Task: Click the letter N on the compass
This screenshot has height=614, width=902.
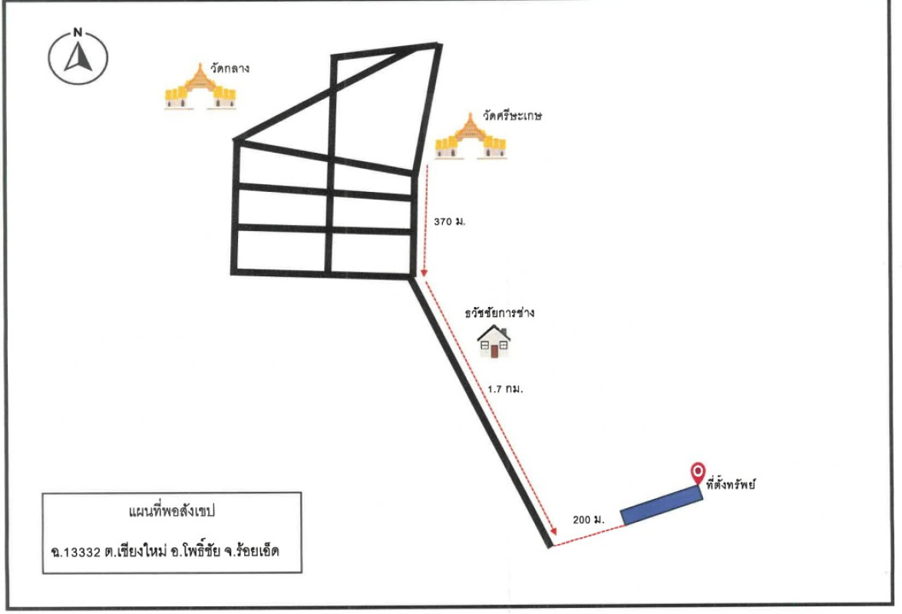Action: pyautogui.click(x=78, y=32)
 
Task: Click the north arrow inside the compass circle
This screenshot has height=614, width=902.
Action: pyautogui.click(x=78, y=57)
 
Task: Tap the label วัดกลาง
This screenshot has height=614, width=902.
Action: pyautogui.click(x=229, y=68)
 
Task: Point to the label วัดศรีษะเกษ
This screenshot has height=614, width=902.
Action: pyautogui.click(x=512, y=116)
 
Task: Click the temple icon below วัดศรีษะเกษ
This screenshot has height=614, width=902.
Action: pyautogui.click(x=471, y=136)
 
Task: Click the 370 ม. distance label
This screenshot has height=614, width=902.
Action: pyautogui.click(x=449, y=221)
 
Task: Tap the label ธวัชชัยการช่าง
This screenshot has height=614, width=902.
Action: pyautogui.click(x=499, y=312)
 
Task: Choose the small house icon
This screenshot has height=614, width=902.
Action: pyautogui.click(x=494, y=342)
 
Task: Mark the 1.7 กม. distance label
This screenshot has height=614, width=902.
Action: pyautogui.click(x=505, y=389)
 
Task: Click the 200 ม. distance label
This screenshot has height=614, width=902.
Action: pyautogui.click(x=589, y=520)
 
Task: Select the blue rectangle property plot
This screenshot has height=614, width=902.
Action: pyautogui.click(x=662, y=505)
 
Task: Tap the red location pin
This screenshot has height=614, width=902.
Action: pyautogui.click(x=698, y=472)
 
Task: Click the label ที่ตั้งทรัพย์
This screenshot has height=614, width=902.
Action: pyautogui.click(x=731, y=484)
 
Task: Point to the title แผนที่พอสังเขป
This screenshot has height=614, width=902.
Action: pyautogui.click(x=171, y=510)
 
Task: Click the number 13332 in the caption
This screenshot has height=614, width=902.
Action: pyautogui.click(x=81, y=553)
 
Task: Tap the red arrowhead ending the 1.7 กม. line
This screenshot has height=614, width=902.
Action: pyautogui.click(x=553, y=532)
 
